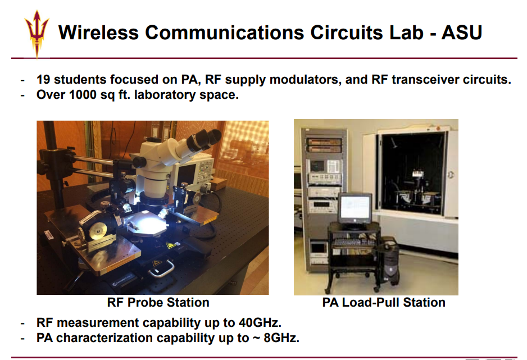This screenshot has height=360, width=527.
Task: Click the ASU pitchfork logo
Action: (x=37, y=34)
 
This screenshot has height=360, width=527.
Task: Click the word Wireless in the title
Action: (x=98, y=33)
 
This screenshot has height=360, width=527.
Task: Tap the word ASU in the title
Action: (x=462, y=33)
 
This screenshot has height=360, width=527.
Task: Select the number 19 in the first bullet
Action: (x=43, y=80)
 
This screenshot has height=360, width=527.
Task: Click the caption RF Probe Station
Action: (x=158, y=302)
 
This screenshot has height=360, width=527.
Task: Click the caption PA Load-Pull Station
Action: (x=384, y=302)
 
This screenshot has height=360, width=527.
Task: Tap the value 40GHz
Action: (x=260, y=323)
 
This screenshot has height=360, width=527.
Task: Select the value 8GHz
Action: (x=281, y=338)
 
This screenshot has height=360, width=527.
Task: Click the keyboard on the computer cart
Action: (x=353, y=242)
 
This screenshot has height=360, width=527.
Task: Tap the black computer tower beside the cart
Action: (x=390, y=260)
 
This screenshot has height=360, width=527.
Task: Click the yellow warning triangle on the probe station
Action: (x=171, y=245)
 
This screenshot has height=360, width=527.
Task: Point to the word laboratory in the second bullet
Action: (x=165, y=95)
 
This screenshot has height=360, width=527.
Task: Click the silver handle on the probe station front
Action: (x=161, y=268)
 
